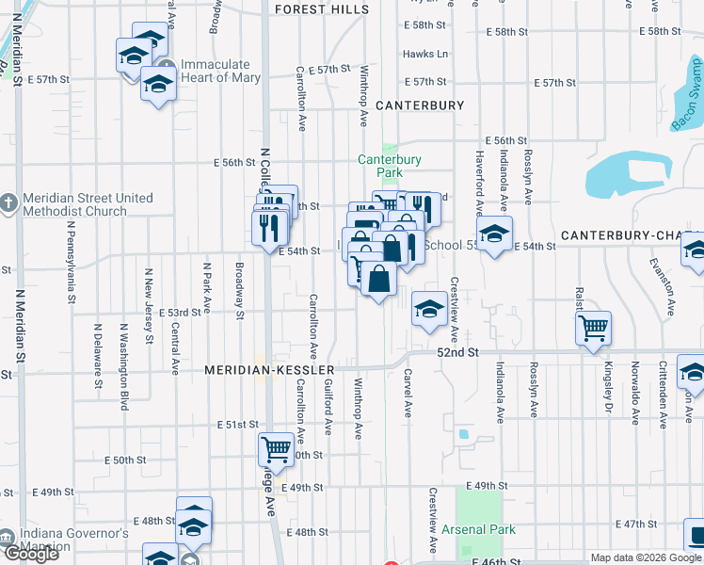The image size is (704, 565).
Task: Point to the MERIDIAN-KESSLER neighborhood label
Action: (269, 371)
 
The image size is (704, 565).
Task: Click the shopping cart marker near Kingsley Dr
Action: (593, 329)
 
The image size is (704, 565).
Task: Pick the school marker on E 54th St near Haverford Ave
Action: (493, 234)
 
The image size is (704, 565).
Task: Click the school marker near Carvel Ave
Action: (428, 309)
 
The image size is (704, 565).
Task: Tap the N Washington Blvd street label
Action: (124, 367)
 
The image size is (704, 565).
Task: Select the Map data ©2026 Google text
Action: (645, 557)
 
